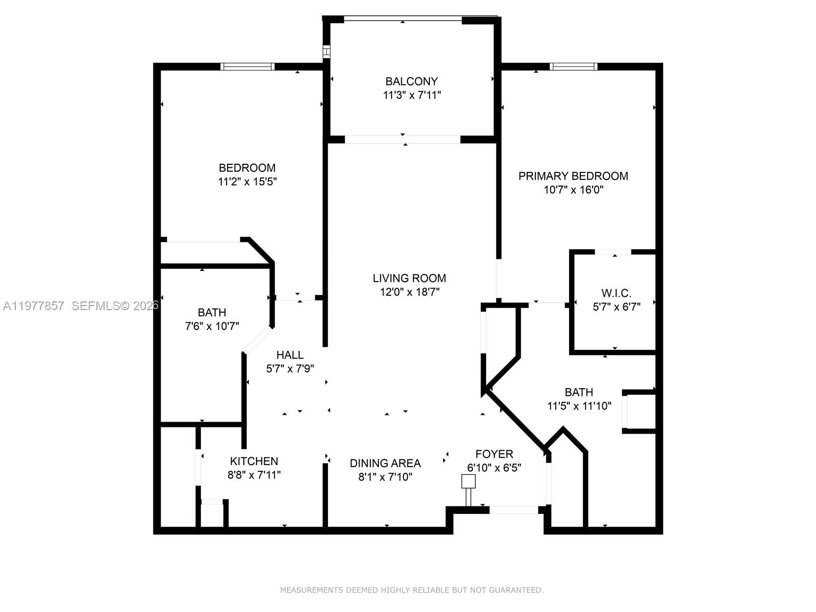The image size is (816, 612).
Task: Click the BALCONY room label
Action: (411, 82)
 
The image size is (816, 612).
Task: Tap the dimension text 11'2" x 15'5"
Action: (247, 182)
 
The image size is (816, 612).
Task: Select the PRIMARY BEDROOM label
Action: (573, 176)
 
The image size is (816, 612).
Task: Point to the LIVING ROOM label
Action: (409, 278)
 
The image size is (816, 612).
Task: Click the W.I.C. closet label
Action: (616, 293)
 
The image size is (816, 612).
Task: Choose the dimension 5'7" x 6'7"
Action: (616, 307)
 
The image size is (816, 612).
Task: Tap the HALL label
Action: (290, 355)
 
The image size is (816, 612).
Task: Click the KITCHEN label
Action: (254, 461)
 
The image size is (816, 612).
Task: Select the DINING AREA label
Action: (385, 463)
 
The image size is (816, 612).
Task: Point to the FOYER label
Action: (494, 454)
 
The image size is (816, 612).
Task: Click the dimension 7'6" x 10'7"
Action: (212, 326)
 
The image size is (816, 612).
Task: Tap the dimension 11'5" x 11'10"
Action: (579, 406)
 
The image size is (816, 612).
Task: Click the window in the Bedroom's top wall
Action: (247, 66)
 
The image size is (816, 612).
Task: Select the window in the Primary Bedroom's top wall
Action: (573, 66)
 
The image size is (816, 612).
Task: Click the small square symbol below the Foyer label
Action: (468, 481)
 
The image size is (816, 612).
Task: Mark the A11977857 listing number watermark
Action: (34, 306)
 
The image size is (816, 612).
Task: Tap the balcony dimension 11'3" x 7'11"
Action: (411, 95)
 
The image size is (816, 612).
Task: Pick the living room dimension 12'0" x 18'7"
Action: (409, 292)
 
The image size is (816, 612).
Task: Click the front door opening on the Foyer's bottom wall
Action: (513, 509)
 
